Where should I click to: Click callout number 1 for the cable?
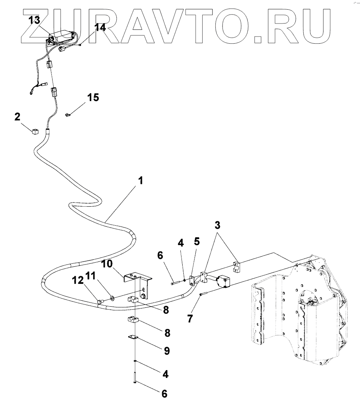coord(140,181)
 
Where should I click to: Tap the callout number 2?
coord(17,117)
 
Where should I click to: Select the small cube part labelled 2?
coord(35,131)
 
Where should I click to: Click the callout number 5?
coord(197,241)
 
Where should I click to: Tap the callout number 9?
coord(166,351)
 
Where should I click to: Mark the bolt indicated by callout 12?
coord(100,300)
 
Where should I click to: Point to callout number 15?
coord(93,97)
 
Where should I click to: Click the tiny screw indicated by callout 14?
coord(80,45)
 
